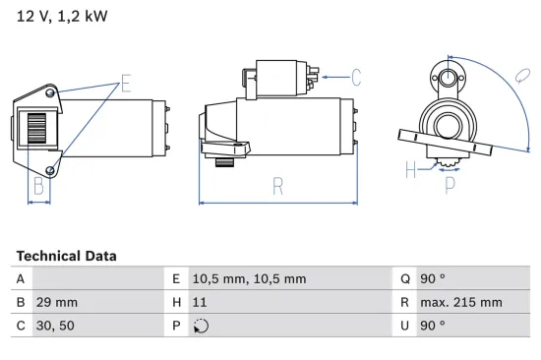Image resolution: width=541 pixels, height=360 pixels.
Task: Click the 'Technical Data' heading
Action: pyautogui.click(x=66, y=256)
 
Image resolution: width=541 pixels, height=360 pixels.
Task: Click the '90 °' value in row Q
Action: pyautogui.click(x=434, y=278)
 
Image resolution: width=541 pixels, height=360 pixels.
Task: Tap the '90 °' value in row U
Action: pyautogui.click(x=434, y=326)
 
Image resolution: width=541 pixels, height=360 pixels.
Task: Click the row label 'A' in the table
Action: pyautogui.click(x=21, y=278)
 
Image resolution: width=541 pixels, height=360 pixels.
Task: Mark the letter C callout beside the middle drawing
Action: pyautogui.click(x=356, y=76)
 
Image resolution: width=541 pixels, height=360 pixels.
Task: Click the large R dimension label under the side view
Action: pyautogui.click(x=278, y=184)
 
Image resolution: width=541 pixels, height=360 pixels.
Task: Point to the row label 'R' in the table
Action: pyautogui.click(x=404, y=302)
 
